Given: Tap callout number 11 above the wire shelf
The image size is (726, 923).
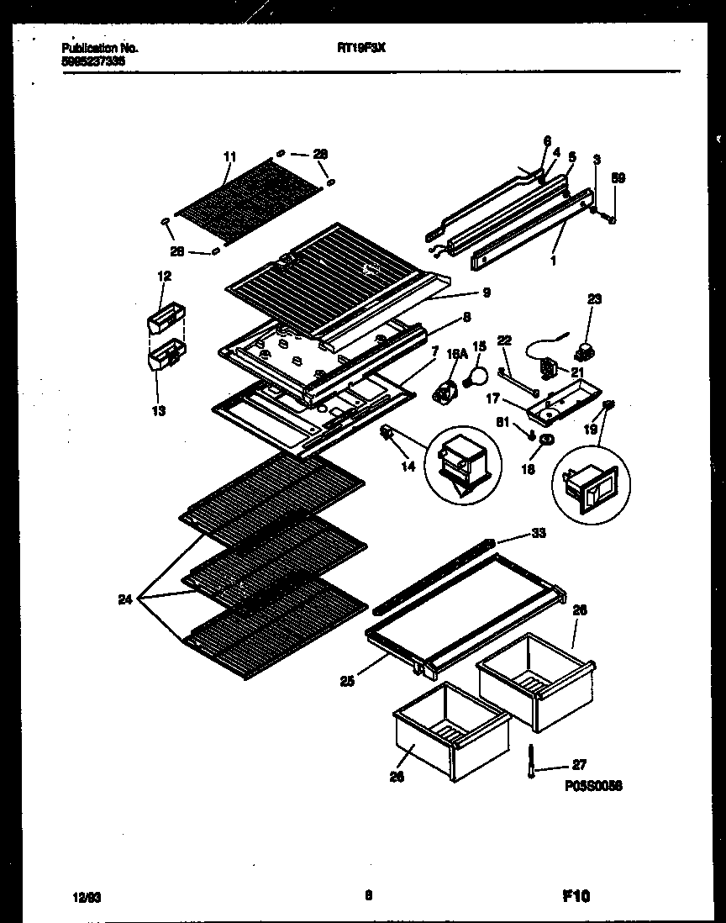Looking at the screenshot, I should point(231,156).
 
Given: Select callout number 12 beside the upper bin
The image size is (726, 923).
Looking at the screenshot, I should point(164,276).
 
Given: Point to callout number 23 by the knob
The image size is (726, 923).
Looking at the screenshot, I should point(594,298).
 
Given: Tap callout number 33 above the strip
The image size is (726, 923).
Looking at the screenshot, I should point(538,532).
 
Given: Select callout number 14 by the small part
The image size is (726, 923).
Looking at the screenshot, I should point(408,466).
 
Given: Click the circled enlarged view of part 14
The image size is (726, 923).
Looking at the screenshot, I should point(463,465).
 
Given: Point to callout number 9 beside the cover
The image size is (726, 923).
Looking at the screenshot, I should point(486,293).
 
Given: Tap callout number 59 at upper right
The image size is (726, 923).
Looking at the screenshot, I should point(618,178).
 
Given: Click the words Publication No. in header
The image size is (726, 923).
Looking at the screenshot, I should point(100,48).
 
